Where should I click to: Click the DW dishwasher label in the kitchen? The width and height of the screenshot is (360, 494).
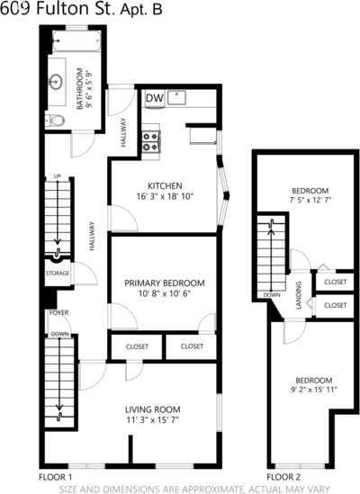155,98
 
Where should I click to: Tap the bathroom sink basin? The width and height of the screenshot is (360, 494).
56,82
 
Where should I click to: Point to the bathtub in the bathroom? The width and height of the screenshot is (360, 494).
76,41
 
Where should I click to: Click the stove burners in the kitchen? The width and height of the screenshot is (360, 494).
150,142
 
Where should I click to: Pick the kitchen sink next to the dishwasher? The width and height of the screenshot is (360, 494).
176,97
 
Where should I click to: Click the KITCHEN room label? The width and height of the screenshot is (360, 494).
165,185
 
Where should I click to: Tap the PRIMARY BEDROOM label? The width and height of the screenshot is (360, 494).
164,283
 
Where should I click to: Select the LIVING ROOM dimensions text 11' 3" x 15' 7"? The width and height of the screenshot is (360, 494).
153,420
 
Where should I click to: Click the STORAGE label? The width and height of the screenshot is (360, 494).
58,274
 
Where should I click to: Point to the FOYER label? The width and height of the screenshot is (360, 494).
58,312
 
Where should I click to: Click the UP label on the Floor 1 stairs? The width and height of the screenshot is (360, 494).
57,176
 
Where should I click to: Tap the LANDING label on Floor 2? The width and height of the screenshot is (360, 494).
299,295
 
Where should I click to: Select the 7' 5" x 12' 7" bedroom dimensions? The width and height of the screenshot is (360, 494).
310,200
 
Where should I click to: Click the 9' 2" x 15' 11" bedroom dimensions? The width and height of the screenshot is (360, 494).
314,390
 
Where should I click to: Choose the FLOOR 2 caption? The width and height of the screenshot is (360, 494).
283,477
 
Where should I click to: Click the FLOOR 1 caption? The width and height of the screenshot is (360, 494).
55,477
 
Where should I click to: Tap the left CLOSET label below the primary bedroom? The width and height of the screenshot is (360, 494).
137,346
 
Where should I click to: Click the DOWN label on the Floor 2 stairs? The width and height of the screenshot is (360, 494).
272,295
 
